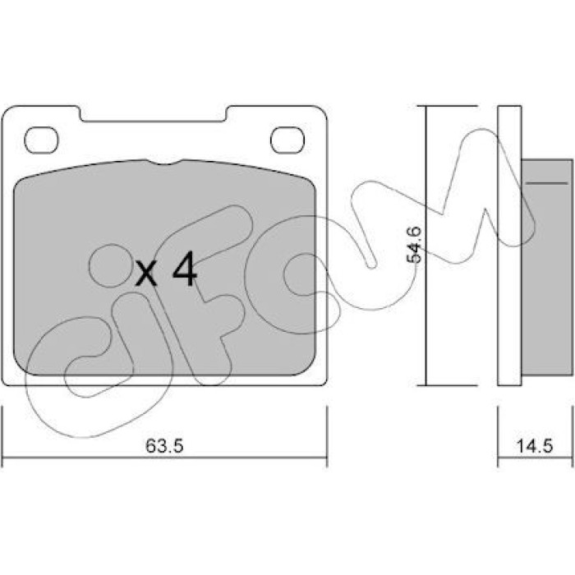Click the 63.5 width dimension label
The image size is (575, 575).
click(164, 446)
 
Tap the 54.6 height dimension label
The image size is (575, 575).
click(414, 245)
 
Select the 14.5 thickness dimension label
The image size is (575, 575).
click(534, 446)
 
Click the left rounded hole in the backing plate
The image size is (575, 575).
click(41, 140)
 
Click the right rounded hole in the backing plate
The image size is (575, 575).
click(287, 140)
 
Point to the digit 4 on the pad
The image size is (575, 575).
click(185, 269)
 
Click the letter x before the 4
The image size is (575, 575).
click(146, 274)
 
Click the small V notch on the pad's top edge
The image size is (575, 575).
click(164, 162)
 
